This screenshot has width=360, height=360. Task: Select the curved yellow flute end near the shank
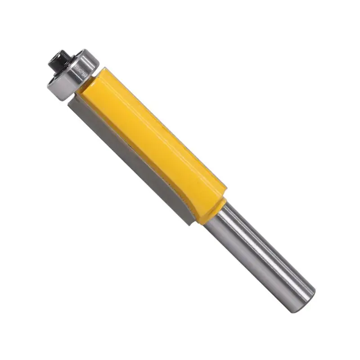[198, 207]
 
